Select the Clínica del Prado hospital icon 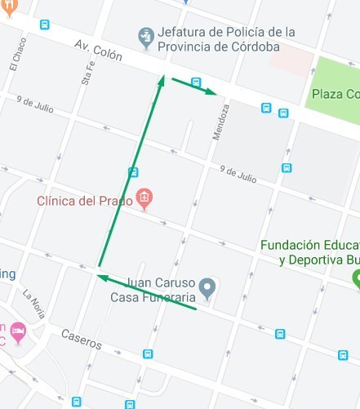click(144, 198)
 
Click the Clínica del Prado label click(85, 199)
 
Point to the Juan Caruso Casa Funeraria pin click(208, 287)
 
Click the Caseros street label click(82, 339)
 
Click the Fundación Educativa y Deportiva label click(310, 252)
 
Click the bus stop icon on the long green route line click(133, 172)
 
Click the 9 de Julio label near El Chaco click(33, 104)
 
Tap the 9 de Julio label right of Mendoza click(238, 174)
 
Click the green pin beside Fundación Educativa click(356, 278)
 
